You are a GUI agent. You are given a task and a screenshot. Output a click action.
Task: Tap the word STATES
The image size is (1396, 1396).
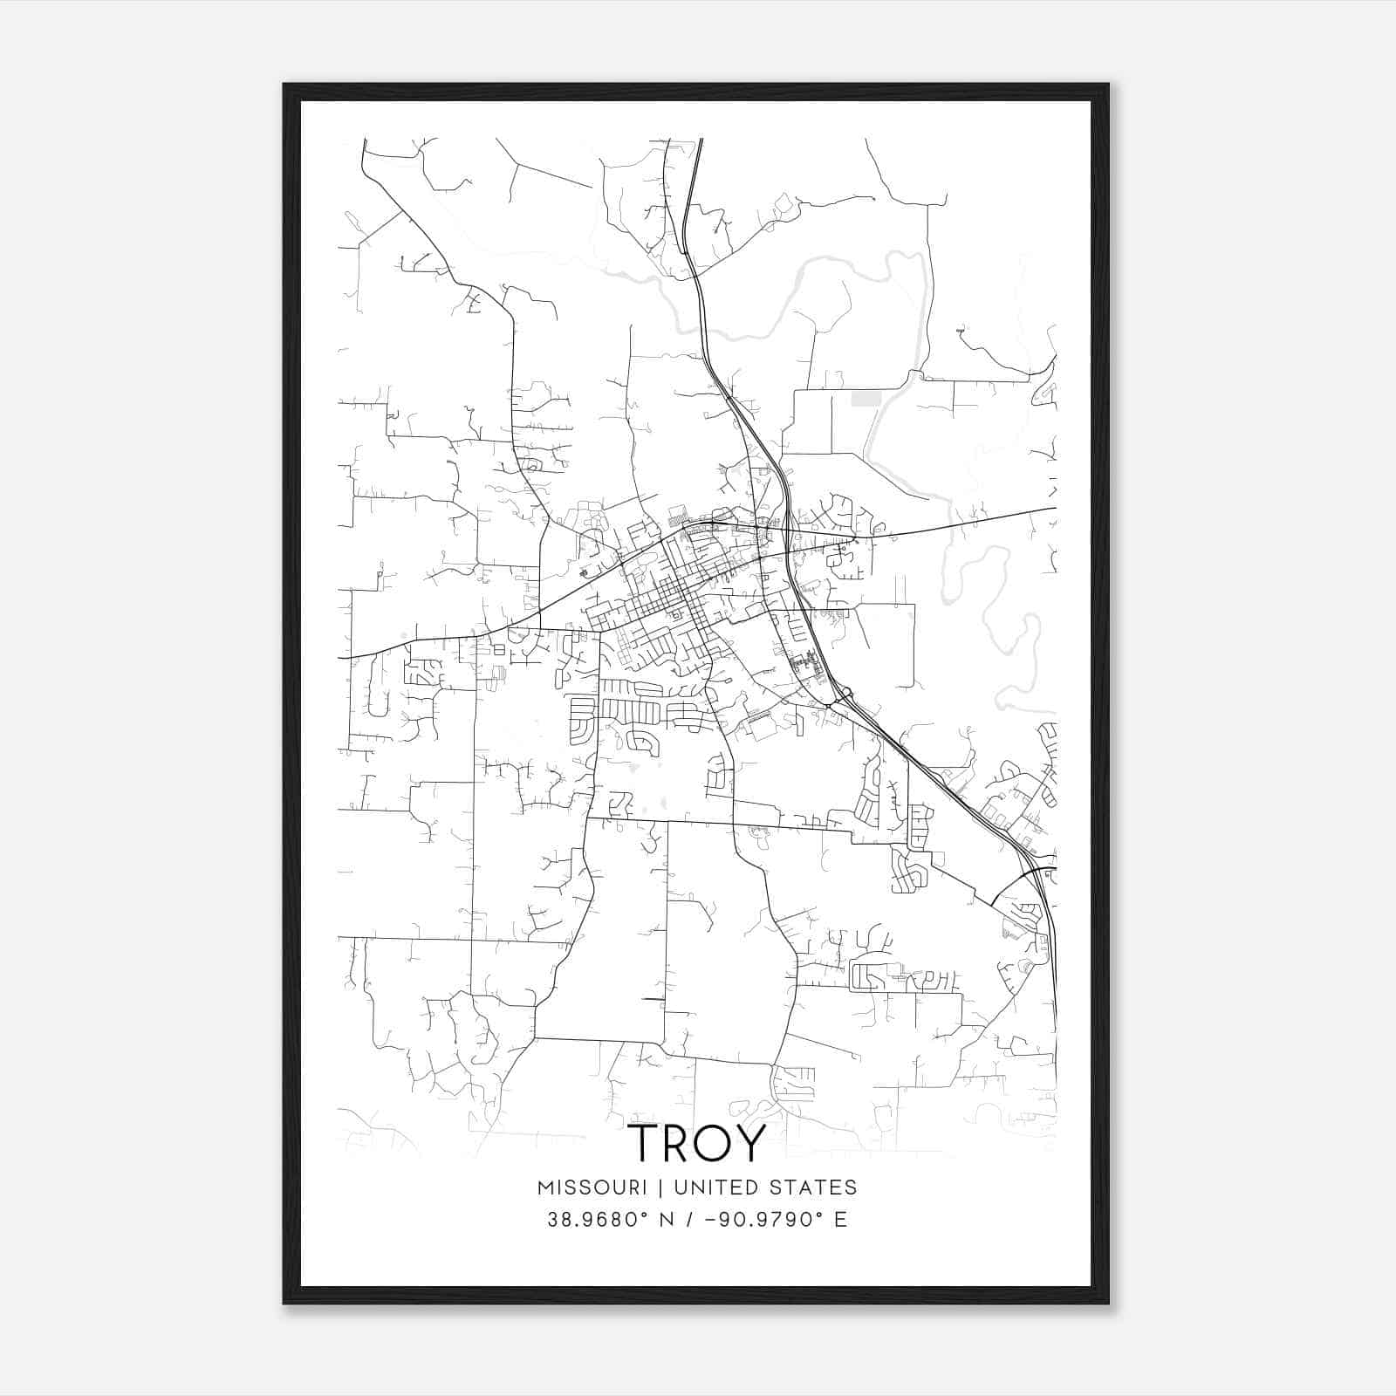(816, 1187)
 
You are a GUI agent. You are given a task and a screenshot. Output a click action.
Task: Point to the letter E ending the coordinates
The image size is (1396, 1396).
(840, 1220)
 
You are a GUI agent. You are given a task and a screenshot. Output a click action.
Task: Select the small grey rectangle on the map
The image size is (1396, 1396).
(865, 399)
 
